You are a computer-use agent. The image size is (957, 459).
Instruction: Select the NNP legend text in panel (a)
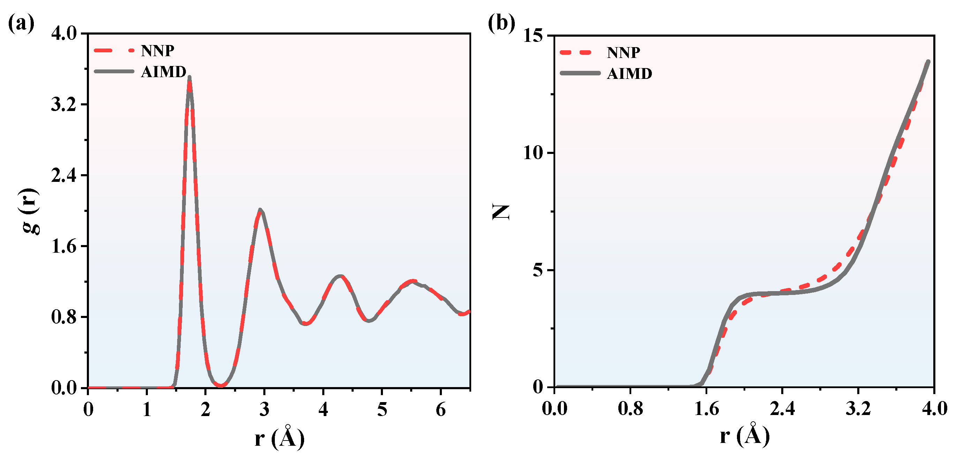(158, 51)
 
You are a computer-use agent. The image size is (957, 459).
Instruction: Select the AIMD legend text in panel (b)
(629, 74)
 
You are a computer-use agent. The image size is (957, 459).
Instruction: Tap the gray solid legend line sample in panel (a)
(114, 72)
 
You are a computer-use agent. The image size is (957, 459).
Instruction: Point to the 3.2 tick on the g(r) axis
(63, 104)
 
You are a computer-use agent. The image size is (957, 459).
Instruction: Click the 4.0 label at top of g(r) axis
(63, 34)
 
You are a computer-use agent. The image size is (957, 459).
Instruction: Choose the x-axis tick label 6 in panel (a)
(440, 409)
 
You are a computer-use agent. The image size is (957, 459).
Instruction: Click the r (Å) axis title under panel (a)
(279, 438)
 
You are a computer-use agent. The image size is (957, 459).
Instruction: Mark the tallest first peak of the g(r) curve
(189, 77)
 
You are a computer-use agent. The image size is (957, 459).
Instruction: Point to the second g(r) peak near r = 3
(260, 210)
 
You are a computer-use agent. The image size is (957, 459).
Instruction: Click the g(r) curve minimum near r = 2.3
(221, 385)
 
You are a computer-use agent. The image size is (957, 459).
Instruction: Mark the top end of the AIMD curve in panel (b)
(928, 62)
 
